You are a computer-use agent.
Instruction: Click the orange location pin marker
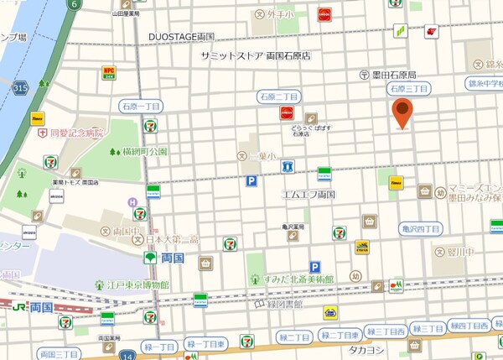(403, 112)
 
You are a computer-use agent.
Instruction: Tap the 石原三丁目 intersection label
(409, 88)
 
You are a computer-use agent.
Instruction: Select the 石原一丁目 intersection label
(141, 107)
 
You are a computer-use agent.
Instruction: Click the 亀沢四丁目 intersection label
(421, 227)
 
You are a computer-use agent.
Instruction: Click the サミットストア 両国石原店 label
(256, 56)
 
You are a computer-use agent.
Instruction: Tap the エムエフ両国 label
(309, 194)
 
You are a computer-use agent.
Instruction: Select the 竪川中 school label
(460, 250)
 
